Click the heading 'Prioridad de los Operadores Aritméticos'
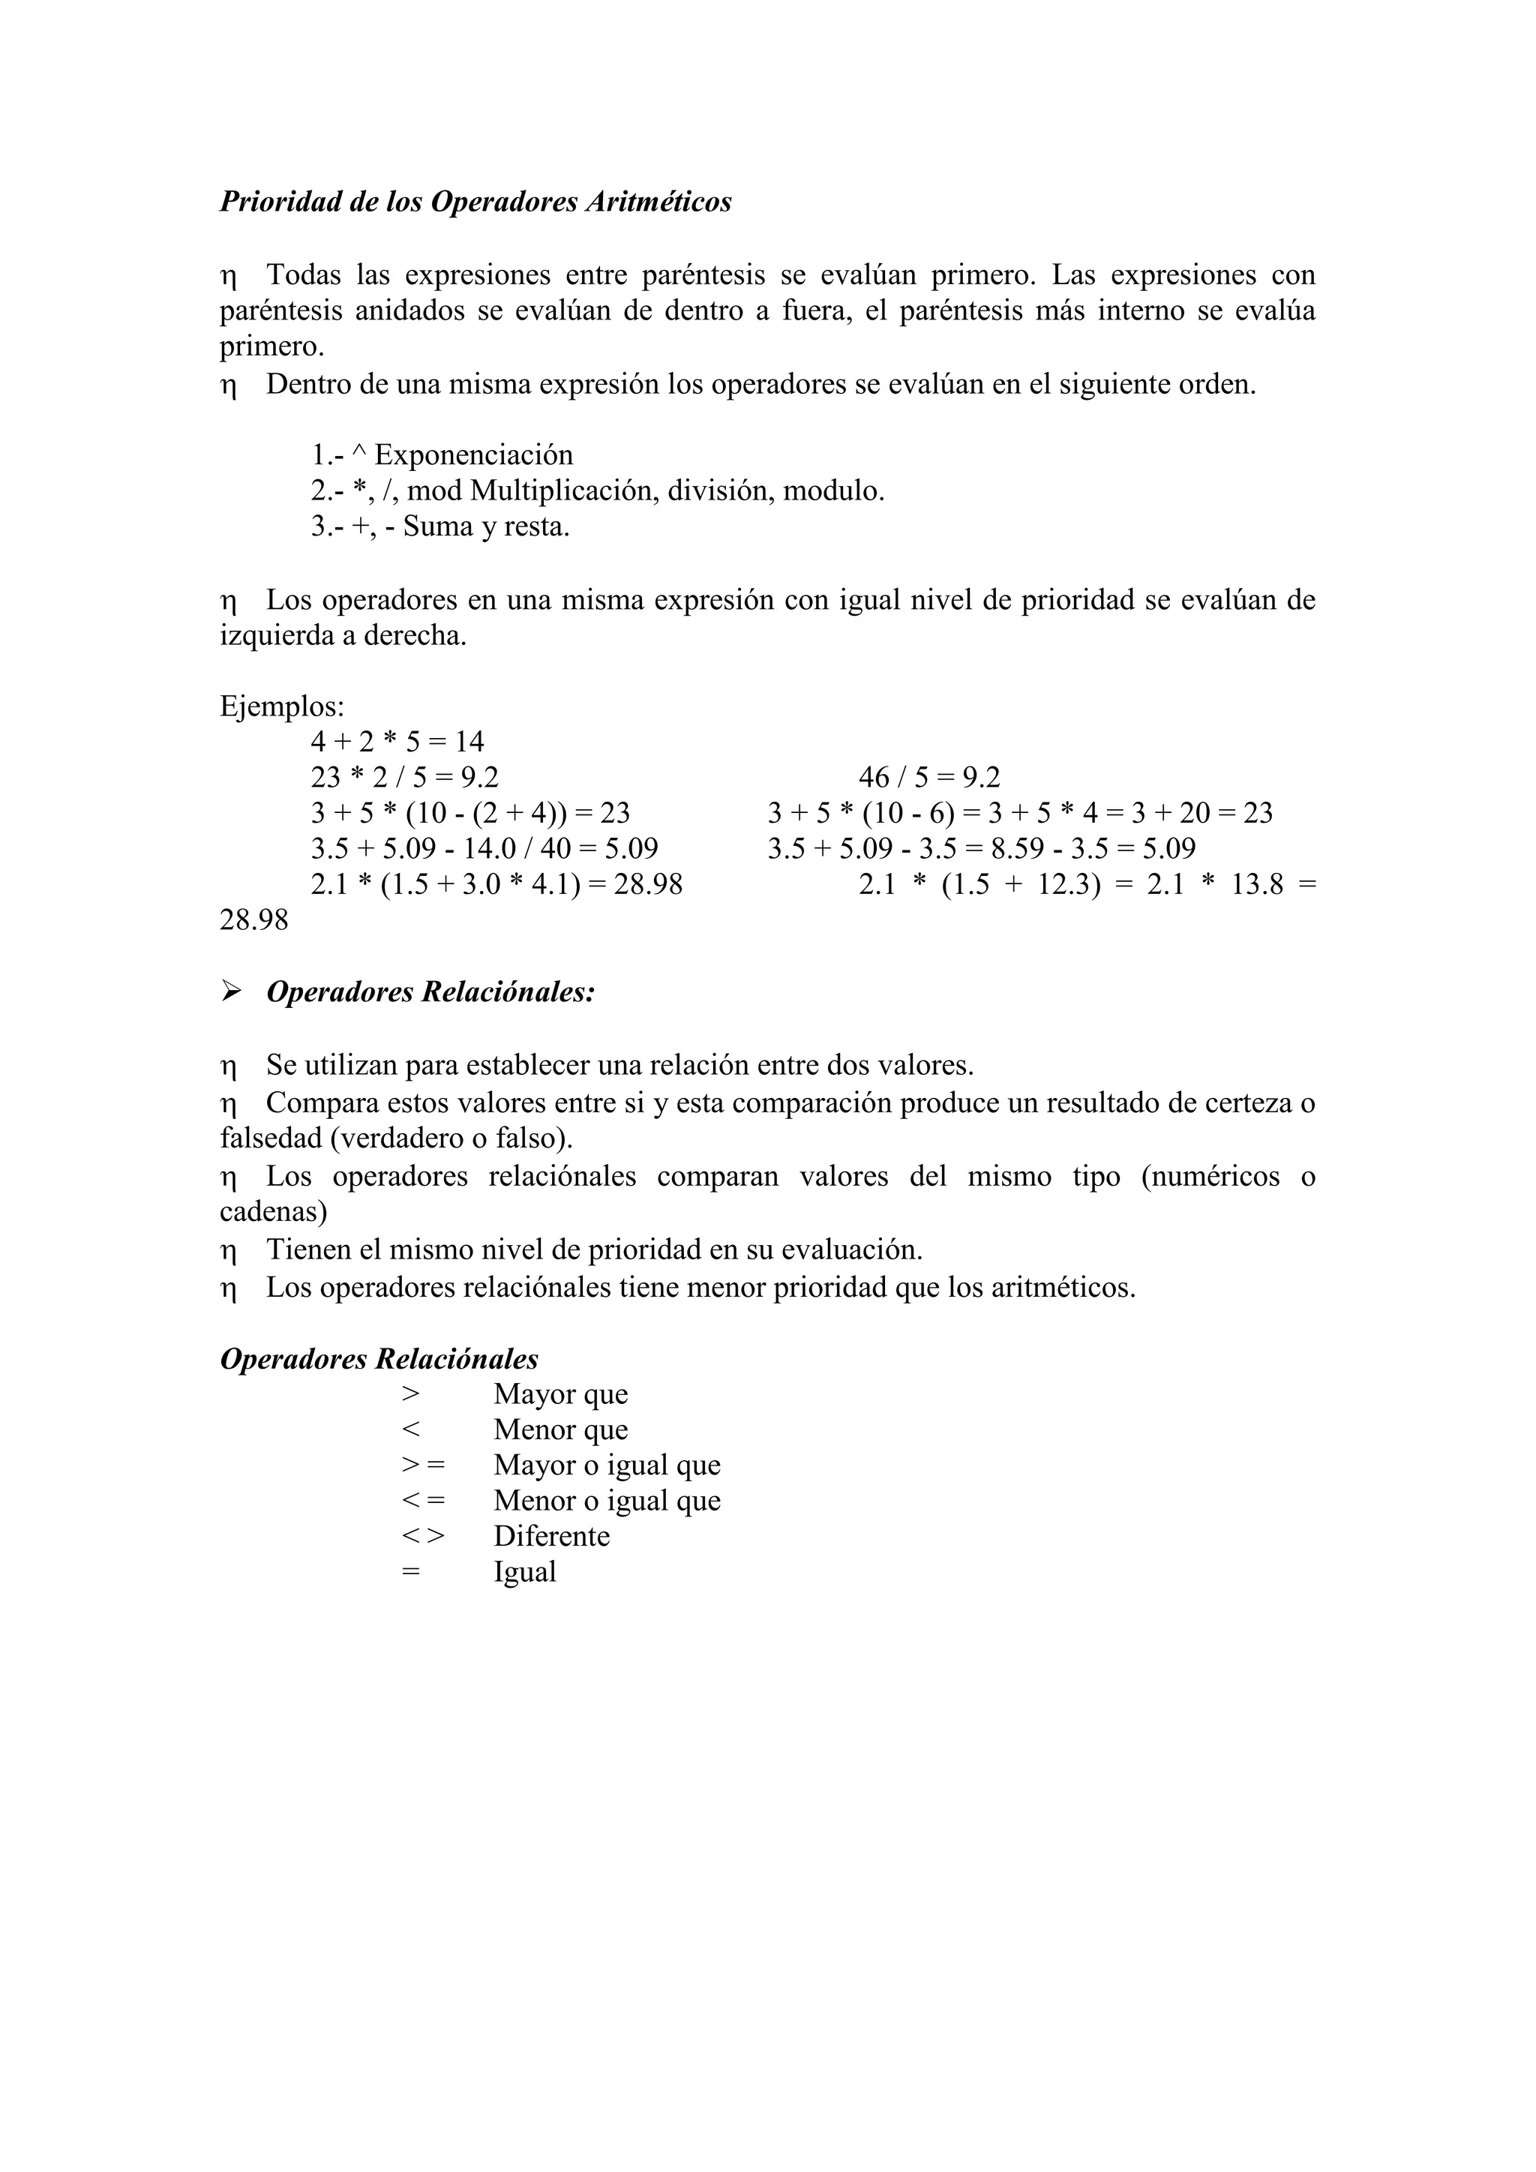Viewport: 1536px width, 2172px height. pos(475,202)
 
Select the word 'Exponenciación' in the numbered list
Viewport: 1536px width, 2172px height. pos(474,455)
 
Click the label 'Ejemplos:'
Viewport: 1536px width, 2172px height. pos(282,706)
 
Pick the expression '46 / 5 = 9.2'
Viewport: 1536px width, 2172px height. pos(928,778)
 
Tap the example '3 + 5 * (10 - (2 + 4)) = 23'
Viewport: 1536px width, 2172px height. pos(470,812)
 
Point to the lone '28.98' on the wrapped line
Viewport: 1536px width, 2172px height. pos(253,919)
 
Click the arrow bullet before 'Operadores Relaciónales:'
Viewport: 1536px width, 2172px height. pos(231,991)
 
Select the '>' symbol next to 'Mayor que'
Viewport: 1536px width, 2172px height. pos(409,1394)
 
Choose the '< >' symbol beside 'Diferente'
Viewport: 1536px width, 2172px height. pos(421,1535)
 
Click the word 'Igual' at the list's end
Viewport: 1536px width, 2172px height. pos(525,1571)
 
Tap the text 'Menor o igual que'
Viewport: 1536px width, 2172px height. pos(606,1500)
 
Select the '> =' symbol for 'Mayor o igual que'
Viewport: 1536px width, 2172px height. pos(421,1465)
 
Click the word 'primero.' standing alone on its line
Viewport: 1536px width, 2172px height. pos(271,347)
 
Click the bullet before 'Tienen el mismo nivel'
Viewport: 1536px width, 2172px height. pos(228,1252)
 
